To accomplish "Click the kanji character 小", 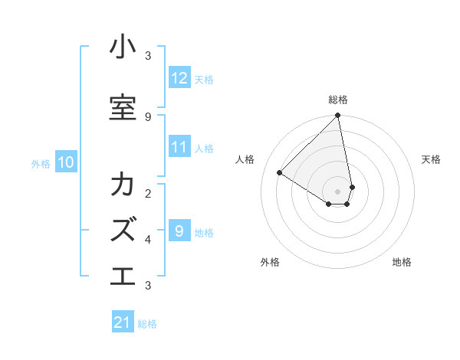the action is pos(123,47).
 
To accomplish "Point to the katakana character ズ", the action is pos(123,229).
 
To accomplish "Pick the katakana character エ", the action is pos(123,275).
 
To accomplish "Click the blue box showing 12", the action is pos(179,78).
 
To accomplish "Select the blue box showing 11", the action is pos(179,147).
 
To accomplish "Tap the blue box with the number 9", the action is pos(179,231).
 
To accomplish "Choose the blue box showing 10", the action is pos(65,162).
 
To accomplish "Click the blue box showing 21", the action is pos(123,322).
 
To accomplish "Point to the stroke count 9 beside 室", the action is pos(148,116).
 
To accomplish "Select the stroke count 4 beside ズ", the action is pos(148,239).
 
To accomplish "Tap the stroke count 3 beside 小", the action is pos(148,55).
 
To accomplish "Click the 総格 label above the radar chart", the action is pos(338,100).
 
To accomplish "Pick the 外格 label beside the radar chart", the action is pos(270,262).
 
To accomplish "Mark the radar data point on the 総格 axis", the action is pos(338,116).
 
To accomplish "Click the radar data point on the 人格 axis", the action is pos(280,172).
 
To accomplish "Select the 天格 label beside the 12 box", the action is pos(204,79).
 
